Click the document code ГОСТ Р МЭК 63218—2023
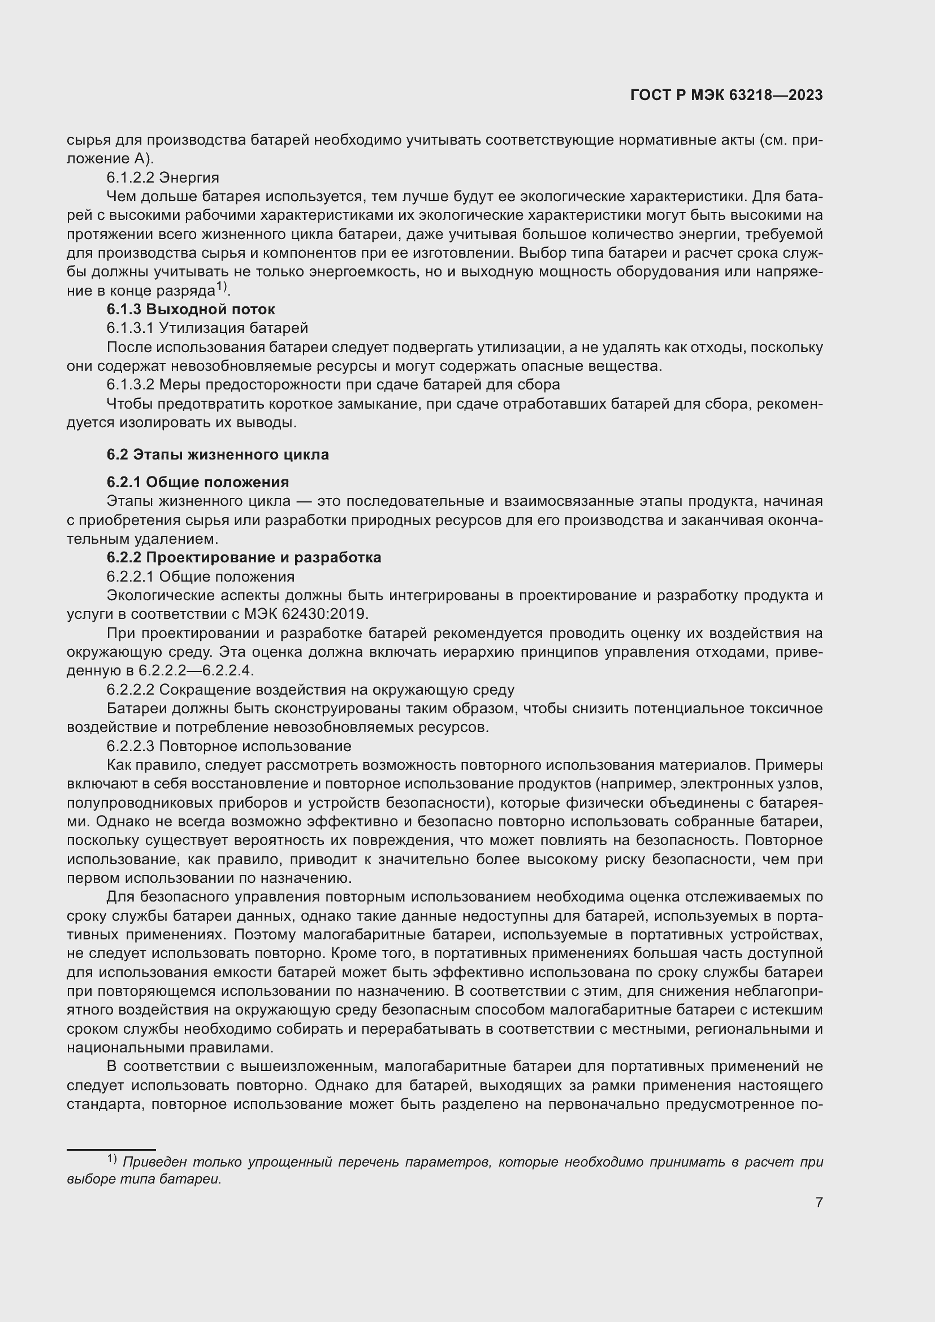(726, 95)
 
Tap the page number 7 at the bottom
(819, 1202)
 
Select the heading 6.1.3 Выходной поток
(191, 309)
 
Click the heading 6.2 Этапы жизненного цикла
(218, 454)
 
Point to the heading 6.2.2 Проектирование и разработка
(244, 557)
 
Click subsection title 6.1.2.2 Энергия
(162, 177)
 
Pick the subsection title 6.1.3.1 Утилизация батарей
(207, 328)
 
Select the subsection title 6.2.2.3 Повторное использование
(228, 746)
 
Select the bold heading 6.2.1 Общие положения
(197, 482)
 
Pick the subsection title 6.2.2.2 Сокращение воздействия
(310, 690)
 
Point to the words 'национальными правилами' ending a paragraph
(170, 1047)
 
